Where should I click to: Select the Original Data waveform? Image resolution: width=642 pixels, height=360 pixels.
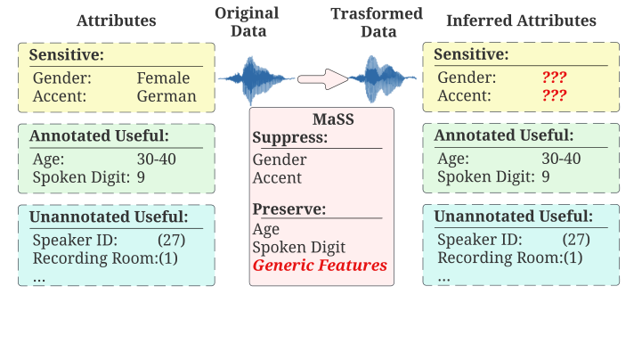(x=256, y=78)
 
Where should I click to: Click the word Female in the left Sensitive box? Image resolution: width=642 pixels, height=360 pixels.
(x=163, y=78)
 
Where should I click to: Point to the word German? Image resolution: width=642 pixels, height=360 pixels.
(x=166, y=95)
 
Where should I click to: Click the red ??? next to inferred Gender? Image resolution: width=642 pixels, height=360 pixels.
(x=554, y=78)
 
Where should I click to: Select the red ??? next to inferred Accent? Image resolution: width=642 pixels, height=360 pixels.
(x=554, y=95)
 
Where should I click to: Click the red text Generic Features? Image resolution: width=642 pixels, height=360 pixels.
(x=320, y=266)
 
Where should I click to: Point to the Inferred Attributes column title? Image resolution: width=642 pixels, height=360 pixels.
(x=522, y=20)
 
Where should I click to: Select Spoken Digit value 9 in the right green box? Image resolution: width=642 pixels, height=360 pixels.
(x=545, y=176)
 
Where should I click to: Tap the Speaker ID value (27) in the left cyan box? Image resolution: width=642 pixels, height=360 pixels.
(x=171, y=240)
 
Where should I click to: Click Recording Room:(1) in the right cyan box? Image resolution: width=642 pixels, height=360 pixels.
(x=509, y=258)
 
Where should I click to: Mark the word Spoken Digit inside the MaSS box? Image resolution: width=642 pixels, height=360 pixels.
(x=298, y=248)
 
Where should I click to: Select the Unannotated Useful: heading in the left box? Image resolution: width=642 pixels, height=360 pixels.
(x=108, y=217)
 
